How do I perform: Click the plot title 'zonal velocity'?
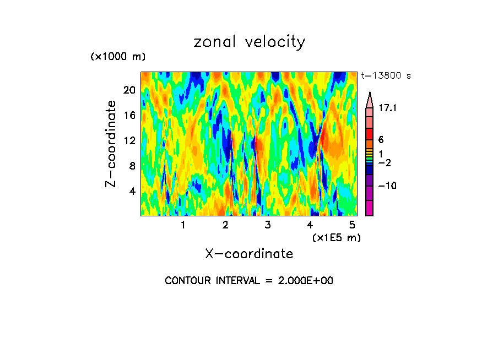[x=249, y=42]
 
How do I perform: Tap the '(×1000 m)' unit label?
[x=117, y=57]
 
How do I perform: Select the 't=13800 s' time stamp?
[x=386, y=76]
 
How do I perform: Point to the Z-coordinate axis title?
[x=111, y=144]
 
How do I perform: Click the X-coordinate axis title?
[x=249, y=254]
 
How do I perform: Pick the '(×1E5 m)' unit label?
[x=336, y=237]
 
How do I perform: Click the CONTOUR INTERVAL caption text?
[x=249, y=281]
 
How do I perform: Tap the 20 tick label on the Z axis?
[x=128, y=90]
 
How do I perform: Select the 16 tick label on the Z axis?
[x=128, y=116]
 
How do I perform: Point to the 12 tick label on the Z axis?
[x=128, y=141]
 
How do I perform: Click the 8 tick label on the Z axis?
[x=132, y=166]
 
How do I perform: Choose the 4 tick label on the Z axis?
[x=132, y=191]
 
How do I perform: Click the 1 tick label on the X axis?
[x=183, y=225]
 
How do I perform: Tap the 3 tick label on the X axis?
[x=268, y=225]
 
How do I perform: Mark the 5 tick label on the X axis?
[x=352, y=225]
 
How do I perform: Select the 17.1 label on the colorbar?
[x=387, y=108]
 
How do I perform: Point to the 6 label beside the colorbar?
[x=381, y=140]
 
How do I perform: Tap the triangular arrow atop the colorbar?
[x=369, y=100]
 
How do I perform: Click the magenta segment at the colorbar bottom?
[x=369, y=208]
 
